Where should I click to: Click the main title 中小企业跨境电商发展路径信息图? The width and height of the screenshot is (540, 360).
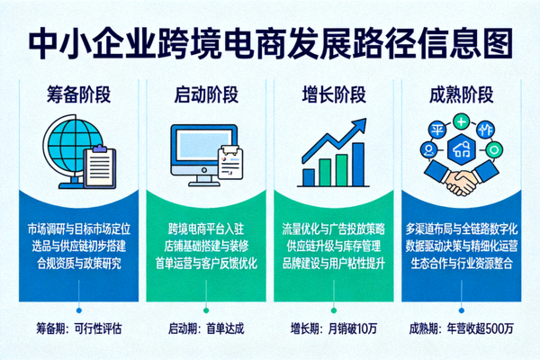pos(270,41)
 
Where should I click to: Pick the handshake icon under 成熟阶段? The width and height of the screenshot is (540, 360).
pos(460,181)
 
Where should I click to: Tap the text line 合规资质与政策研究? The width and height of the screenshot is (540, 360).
pos(82,264)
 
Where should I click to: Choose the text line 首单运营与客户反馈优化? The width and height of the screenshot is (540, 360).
pos(207,264)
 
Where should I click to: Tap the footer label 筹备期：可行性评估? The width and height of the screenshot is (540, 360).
pos(81,328)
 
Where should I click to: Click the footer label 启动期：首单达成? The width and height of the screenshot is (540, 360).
pos(206,328)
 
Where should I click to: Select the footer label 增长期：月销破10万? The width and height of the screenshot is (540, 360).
pos(333,328)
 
